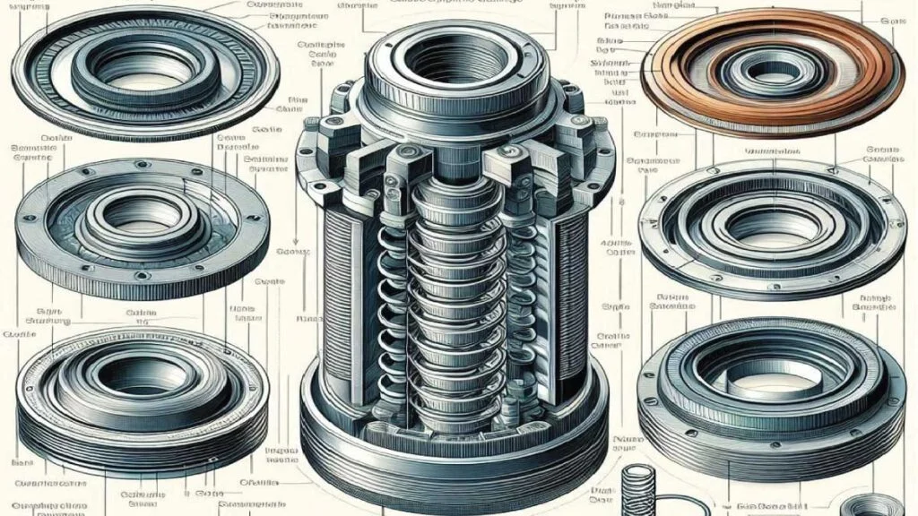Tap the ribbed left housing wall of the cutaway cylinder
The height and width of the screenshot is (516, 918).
tap(336, 287)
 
